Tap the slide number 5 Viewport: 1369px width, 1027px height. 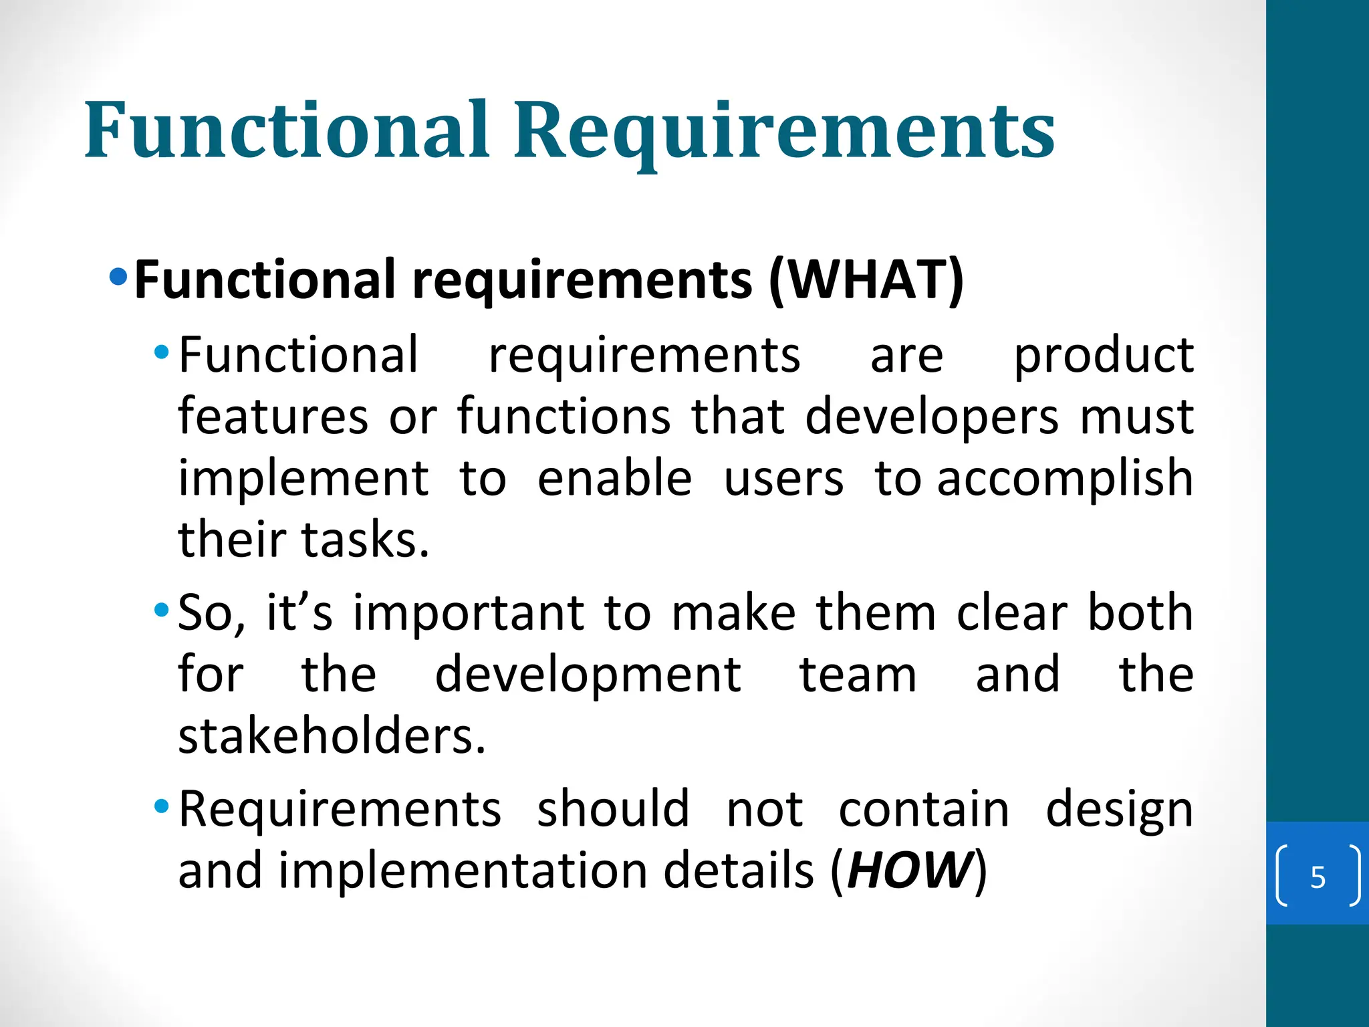pyautogui.click(x=1318, y=877)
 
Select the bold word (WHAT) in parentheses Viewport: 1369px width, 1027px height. pyautogui.click(x=866, y=279)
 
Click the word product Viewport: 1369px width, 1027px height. pyautogui.click(x=1104, y=356)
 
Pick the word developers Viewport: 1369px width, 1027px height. pyautogui.click(x=932, y=417)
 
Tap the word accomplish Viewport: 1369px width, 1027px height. pyautogui.click(x=1065, y=479)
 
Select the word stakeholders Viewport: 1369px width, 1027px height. pyautogui.click(x=332, y=736)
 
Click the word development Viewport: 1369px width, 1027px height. pyautogui.click(x=588, y=675)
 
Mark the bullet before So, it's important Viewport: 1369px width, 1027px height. pyautogui.click(x=161, y=610)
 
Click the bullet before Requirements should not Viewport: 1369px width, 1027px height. pyautogui.click(x=161, y=806)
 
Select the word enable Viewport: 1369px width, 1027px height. pyautogui.click(x=614, y=479)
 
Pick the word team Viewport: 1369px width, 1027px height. pyautogui.click(x=858, y=675)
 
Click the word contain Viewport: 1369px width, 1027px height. pyautogui.click(x=924, y=809)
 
